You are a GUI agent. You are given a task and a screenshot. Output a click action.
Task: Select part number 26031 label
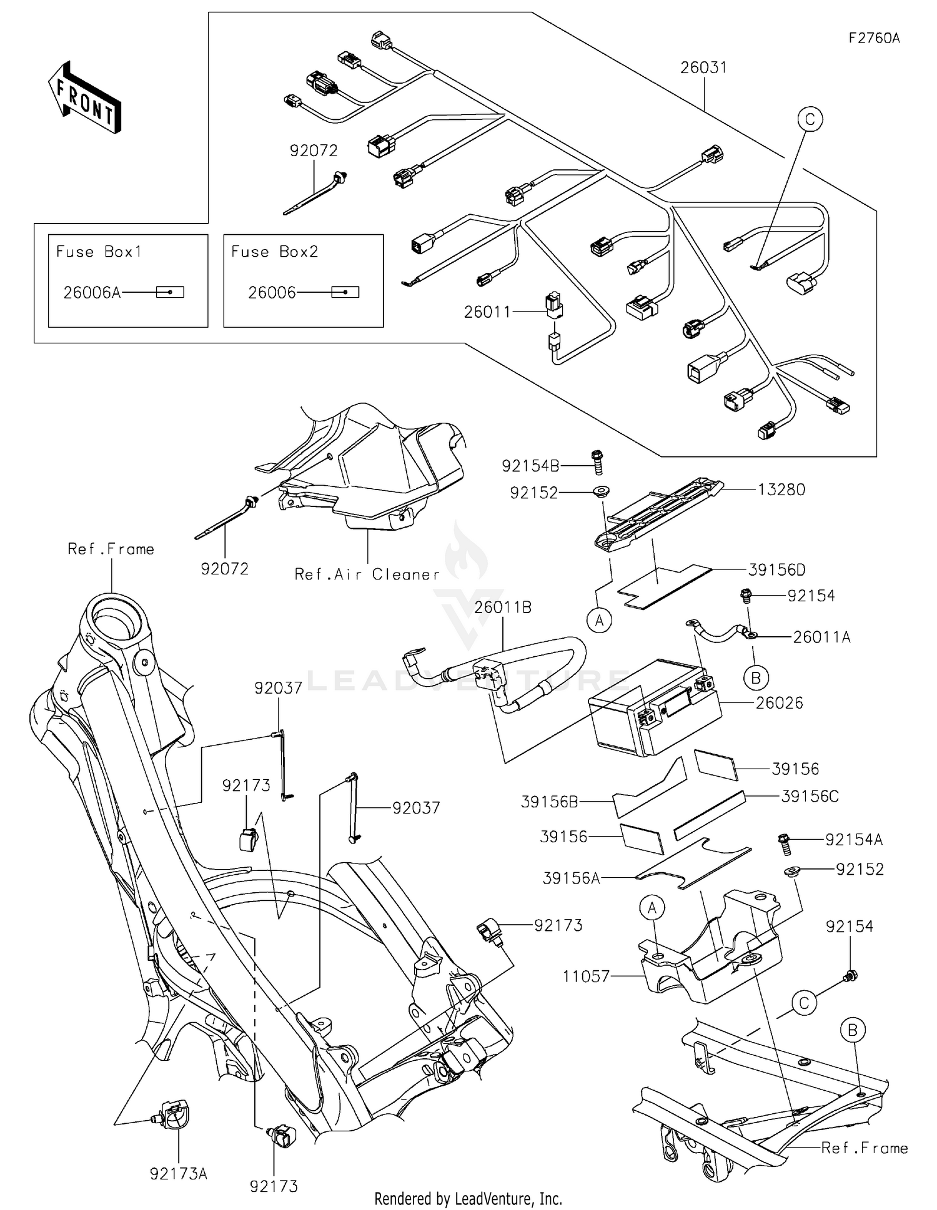tap(704, 67)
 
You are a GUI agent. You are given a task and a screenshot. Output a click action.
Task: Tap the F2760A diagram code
tap(874, 38)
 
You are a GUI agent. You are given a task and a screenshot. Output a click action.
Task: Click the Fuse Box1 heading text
tap(99, 252)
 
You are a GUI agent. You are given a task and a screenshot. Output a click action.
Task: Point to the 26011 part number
tap(487, 312)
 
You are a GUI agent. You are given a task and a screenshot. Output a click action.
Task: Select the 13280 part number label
tap(781, 489)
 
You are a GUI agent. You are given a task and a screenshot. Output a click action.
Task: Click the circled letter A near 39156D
tap(600, 621)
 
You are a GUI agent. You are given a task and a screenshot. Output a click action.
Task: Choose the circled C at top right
tap(810, 119)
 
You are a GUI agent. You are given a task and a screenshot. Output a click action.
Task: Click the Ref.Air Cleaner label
tap(367, 574)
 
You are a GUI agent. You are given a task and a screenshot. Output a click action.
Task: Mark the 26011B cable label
tap(503, 607)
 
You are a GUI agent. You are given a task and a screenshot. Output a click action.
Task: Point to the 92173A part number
tap(178, 1174)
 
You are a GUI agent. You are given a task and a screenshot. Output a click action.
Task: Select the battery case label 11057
tap(586, 976)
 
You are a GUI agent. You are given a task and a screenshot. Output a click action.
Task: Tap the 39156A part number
tap(571, 878)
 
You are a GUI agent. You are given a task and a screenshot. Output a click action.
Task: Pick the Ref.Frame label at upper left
tap(111, 549)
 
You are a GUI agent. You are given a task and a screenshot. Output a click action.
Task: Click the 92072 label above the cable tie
tap(314, 150)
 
